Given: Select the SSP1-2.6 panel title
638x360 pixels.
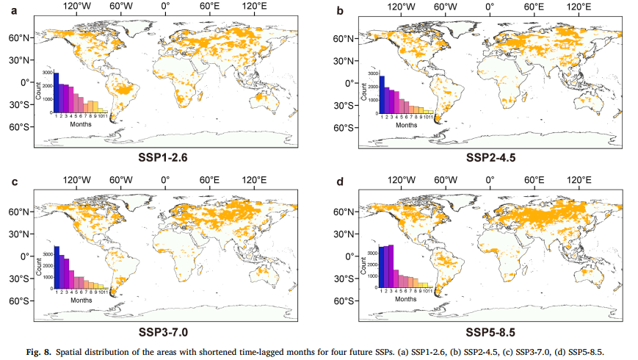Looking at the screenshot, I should tap(164, 156).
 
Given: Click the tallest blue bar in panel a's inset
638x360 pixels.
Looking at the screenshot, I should tap(56, 93).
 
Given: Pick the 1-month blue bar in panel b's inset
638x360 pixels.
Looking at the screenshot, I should tap(382, 96).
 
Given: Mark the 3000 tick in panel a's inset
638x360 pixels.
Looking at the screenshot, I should tap(47, 73).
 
